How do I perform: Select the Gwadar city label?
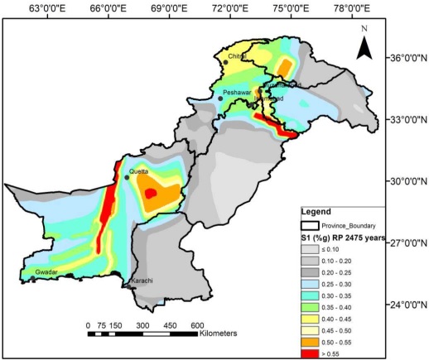pos(48,271)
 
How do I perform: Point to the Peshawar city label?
pos(236,93)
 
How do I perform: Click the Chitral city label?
pos(237,56)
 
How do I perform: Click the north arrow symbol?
pos(364,46)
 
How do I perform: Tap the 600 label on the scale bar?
pos(197,324)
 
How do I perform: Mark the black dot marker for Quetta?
pos(127,177)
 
